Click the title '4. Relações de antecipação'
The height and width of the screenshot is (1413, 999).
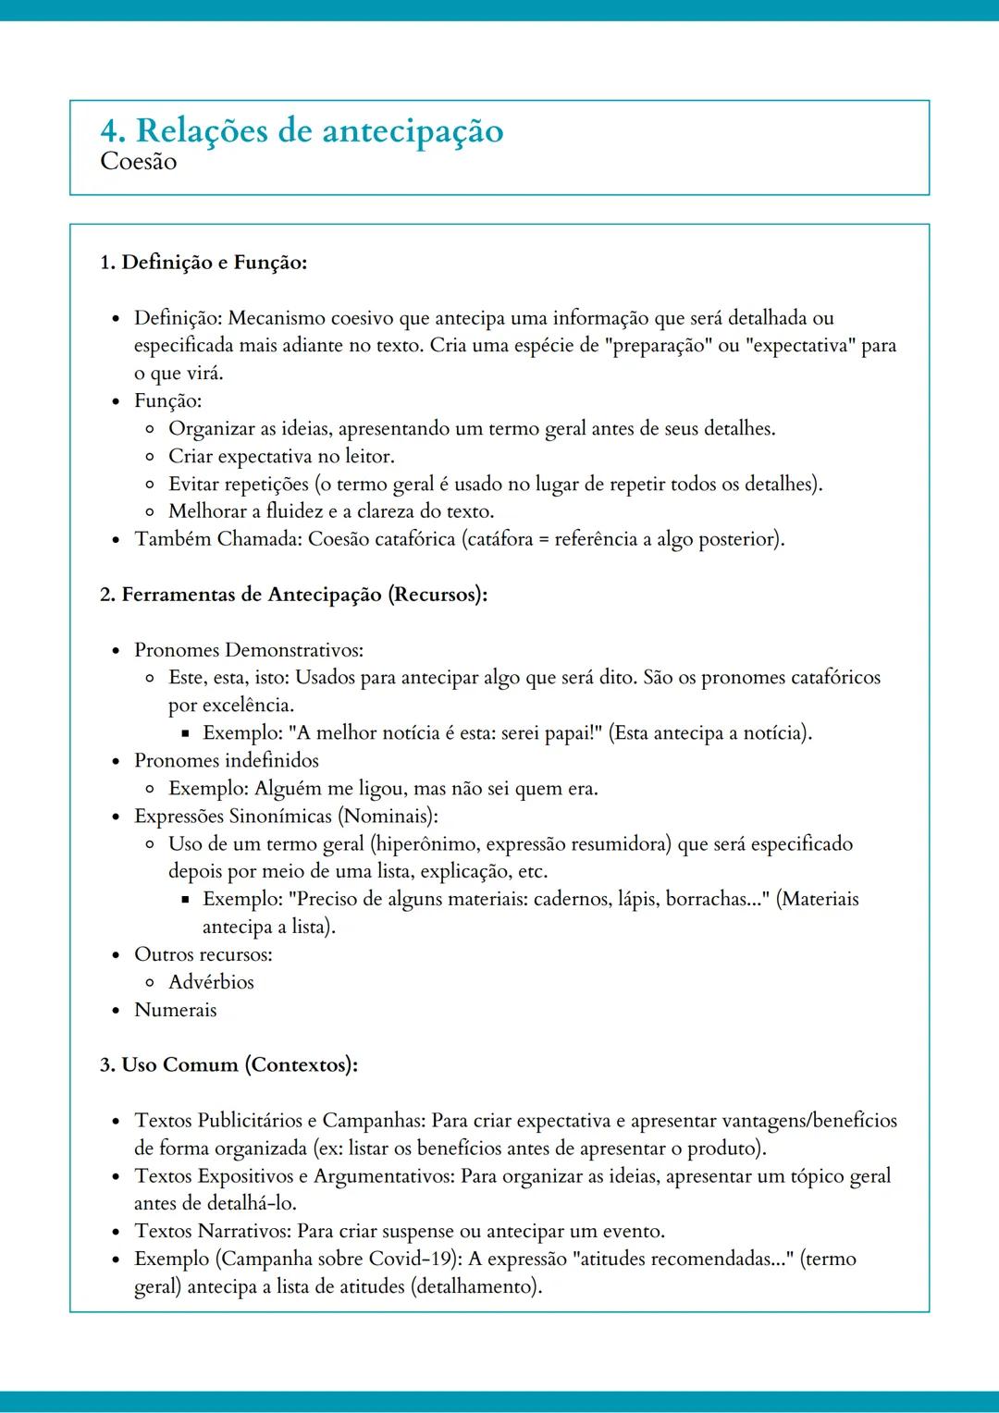click(302, 130)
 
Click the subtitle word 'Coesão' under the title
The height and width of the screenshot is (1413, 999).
click(139, 162)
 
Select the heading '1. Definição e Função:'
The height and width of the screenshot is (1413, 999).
click(203, 263)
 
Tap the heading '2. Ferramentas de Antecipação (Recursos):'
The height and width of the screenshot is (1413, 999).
click(293, 595)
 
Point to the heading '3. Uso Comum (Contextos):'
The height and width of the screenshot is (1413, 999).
click(228, 1065)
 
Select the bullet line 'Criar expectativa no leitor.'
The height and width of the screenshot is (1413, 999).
click(281, 457)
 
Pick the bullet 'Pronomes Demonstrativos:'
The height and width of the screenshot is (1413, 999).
click(249, 650)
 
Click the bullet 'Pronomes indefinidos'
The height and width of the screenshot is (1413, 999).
click(227, 761)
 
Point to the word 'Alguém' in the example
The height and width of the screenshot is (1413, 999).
click(285, 789)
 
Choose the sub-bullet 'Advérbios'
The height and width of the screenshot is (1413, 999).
click(211, 982)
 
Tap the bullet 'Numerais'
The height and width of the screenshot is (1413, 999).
click(176, 1010)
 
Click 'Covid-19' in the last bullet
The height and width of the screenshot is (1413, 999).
click(408, 1259)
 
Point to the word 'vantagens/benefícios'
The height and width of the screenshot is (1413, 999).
click(809, 1121)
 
